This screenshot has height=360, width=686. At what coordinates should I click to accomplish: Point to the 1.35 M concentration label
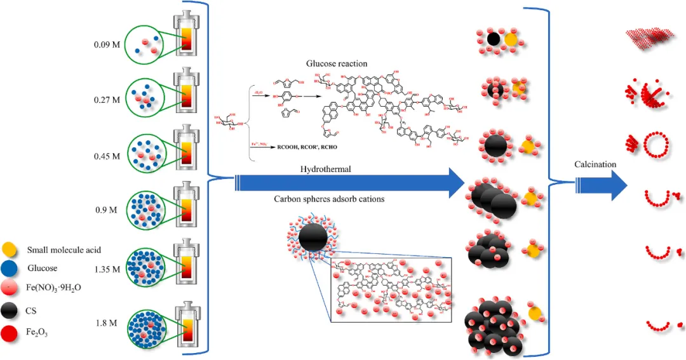point(107,269)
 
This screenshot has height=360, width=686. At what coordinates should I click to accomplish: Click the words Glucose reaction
point(337,63)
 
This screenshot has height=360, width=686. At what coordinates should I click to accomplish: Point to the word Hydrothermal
point(326,170)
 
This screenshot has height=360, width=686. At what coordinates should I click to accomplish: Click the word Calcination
point(595,164)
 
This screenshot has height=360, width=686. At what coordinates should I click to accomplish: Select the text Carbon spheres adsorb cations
point(328,199)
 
